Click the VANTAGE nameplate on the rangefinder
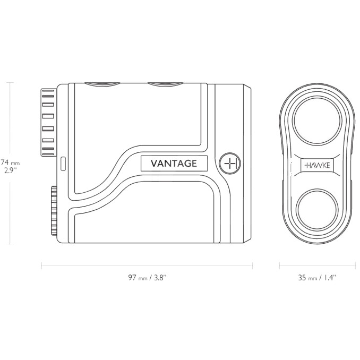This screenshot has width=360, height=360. click(174, 164)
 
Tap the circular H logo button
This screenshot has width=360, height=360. click(230, 164)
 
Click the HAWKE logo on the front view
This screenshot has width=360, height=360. click(317, 166)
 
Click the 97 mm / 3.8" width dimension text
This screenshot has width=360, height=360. click(150, 278)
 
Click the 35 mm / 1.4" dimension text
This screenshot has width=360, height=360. click(317, 278)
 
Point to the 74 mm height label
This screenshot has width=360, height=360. click(10, 162)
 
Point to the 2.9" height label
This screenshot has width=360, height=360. click(9, 172)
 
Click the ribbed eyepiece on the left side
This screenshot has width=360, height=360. click(48, 122)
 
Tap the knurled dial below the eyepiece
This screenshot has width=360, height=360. click(54, 210)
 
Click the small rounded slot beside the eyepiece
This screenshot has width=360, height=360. click(62, 161)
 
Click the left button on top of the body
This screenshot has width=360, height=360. click(103, 83)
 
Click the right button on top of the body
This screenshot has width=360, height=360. click(166, 83)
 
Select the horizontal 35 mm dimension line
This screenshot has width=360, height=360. click(317, 266)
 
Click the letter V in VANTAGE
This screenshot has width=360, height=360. click(154, 164)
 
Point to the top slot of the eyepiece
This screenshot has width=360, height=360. click(48, 91)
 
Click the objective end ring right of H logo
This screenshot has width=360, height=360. click(247, 164)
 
